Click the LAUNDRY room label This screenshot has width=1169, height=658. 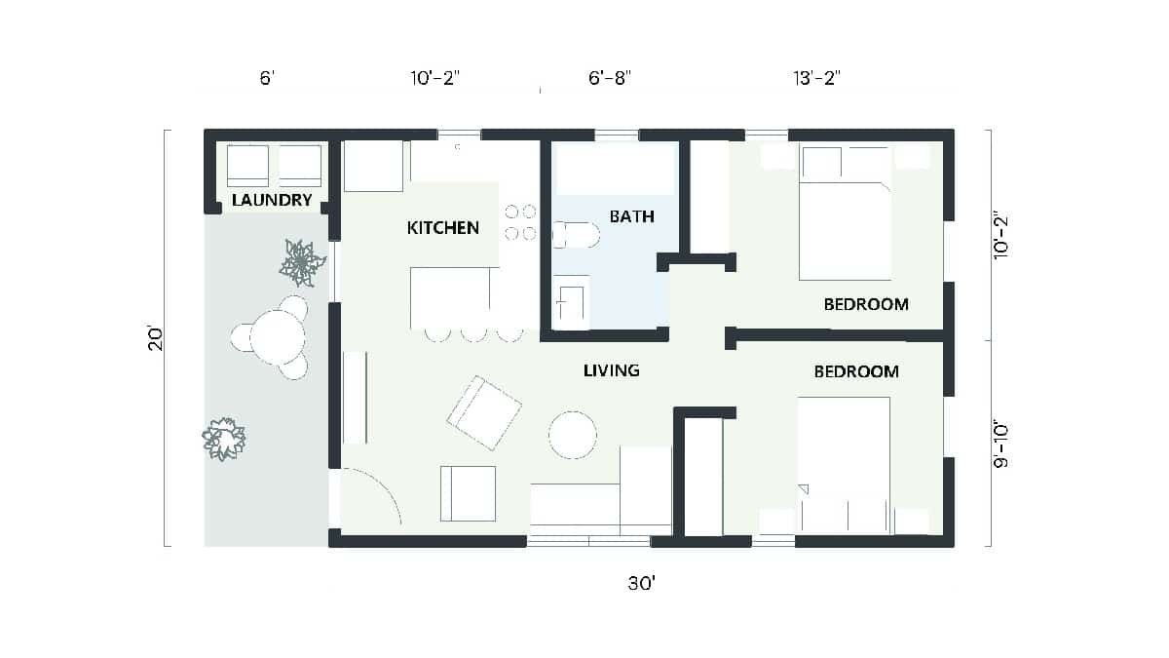point(272,202)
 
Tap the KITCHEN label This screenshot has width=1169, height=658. point(442,228)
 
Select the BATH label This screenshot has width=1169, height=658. point(632,216)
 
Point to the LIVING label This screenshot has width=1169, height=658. point(611,370)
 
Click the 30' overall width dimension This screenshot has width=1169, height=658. point(641,584)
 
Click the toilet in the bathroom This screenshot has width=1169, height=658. point(574,235)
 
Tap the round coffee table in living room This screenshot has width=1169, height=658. point(573,435)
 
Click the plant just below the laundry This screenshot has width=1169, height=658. point(302,262)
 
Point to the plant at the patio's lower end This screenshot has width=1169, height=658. point(224,439)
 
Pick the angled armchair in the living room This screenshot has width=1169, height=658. point(484,412)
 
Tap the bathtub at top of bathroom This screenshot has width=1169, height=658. point(614,170)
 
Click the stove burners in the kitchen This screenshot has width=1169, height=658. point(520,221)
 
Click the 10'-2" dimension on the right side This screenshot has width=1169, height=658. point(1000,235)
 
